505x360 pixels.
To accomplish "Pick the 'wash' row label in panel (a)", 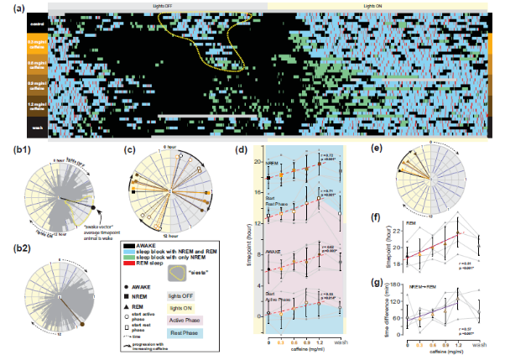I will click(x=36, y=127).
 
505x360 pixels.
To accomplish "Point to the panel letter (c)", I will click(x=128, y=152).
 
